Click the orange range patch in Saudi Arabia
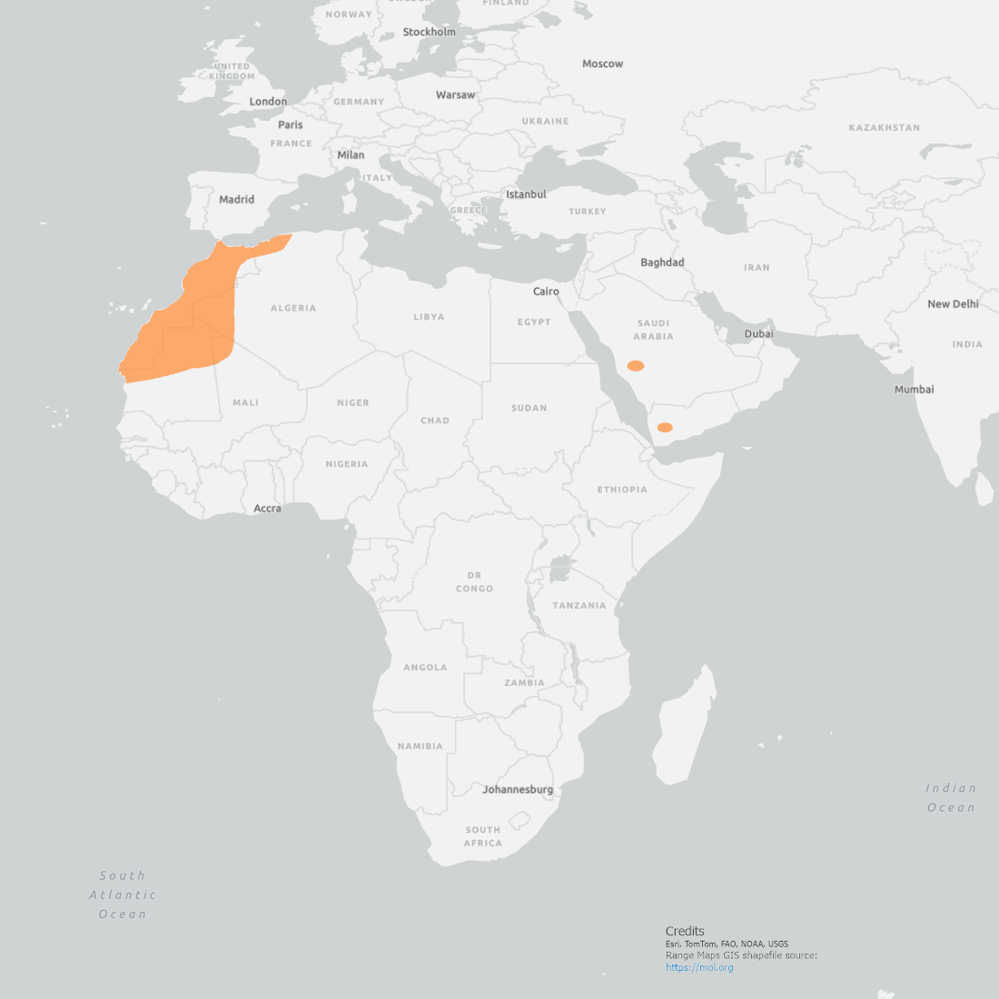(636, 366)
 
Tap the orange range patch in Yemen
(665, 427)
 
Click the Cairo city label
(546, 292)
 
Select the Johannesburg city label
(518, 789)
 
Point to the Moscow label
(603, 64)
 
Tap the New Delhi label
(953, 304)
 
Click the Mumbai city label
(914, 390)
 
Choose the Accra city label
(267, 509)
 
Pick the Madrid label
(237, 200)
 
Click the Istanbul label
(527, 194)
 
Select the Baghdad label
(662, 262)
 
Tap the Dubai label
(759, 333)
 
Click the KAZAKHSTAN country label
(885, 128)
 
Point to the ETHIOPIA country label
(622, 490)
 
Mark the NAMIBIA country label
(420, 747)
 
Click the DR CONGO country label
(475, 582)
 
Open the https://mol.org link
(699, 967)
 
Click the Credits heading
(685, 931)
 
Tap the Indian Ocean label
(951, 797)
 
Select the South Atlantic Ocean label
(123, 895)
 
